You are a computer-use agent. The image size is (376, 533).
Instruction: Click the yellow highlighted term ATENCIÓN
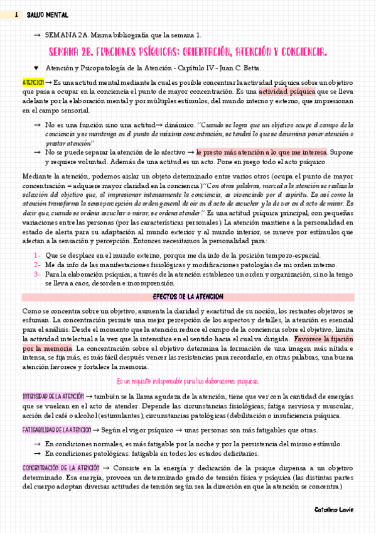(33, 82)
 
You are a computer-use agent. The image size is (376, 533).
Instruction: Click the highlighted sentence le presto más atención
(261, 152)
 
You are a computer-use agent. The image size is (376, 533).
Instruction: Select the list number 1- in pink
(38, 255)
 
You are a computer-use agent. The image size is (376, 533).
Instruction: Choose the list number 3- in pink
(38, 275)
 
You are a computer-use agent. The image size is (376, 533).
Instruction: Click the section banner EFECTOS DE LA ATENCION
(188, 297)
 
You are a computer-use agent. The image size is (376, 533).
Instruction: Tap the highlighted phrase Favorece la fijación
(323, 339)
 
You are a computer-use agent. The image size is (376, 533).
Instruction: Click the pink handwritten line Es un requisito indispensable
(188, 382)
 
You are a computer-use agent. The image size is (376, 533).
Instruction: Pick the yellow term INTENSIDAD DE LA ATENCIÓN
(53, 397)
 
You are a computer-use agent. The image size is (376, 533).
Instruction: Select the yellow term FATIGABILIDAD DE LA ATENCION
(57, 431)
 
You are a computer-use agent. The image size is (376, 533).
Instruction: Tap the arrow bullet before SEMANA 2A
(37, 35)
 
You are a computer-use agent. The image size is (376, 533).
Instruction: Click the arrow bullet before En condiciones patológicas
(37, 454)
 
